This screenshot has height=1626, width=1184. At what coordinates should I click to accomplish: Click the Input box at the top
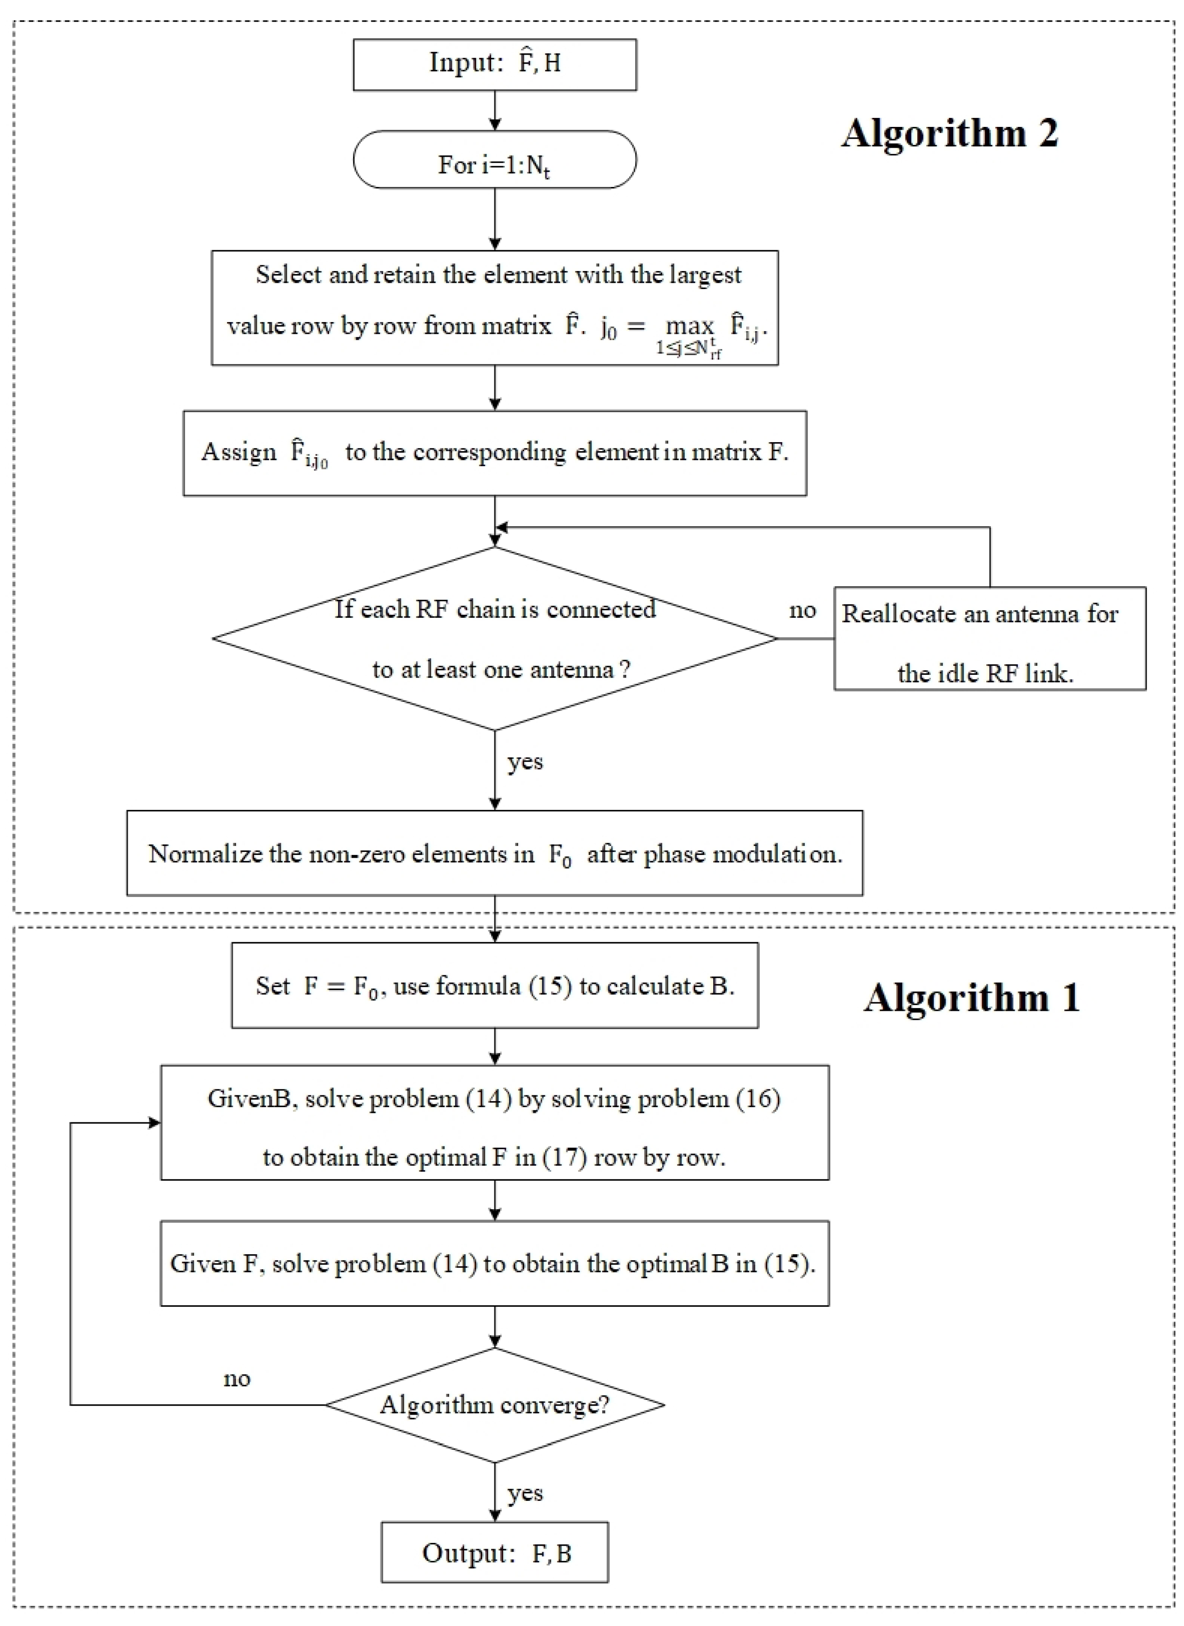coord(495,65)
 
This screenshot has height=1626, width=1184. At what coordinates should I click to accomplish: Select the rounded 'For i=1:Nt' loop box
coord(495,160)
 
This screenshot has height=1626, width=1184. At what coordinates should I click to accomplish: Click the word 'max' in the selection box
coord(689,326)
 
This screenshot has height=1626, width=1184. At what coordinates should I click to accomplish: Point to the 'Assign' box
coord(495,453)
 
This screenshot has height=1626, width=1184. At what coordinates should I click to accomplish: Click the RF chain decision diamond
coord(495,638)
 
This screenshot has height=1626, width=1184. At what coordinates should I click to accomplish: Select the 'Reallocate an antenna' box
coord(989,639)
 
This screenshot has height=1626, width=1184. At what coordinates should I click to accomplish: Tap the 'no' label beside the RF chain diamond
coord(802,610)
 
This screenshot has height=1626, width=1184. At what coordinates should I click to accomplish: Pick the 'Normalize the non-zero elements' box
coord(495,853)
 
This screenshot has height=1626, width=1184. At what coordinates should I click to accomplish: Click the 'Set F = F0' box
coord(495,986)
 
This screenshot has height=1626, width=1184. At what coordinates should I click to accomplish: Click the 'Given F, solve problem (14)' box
coord(495,1263)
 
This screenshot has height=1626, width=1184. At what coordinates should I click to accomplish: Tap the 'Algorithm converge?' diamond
coord(495,1405)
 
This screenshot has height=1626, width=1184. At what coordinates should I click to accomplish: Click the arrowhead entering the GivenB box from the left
coord(153,1123)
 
